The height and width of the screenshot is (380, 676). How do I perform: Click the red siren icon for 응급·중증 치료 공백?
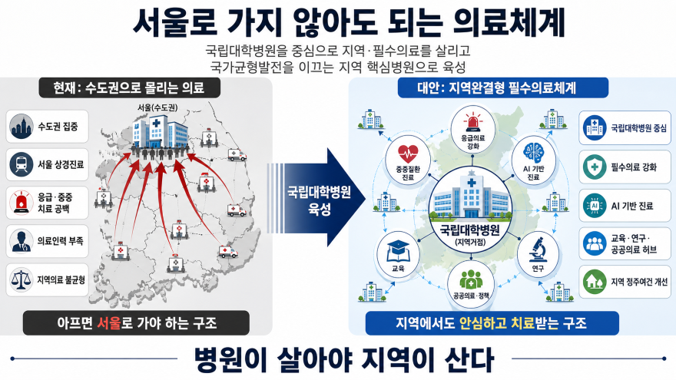pos(22,203)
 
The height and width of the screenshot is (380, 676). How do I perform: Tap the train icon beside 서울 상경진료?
pos(22,164)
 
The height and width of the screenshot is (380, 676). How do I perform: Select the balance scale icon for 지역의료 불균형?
pos(22,279)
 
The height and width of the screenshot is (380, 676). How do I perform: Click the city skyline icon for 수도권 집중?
pos(22,126)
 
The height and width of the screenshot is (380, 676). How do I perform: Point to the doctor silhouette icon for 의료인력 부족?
pos(22,241)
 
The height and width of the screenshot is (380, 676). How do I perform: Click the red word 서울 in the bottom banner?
pos(108,323)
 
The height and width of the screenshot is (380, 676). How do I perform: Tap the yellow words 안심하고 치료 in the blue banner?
pos(497,323)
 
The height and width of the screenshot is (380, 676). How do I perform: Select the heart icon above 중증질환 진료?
pos(408,153)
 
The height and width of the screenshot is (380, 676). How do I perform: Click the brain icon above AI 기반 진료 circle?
pos(534,153)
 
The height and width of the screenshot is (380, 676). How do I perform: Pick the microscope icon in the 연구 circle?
pos(538,249)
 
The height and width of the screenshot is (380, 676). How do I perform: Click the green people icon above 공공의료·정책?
pos(471,279)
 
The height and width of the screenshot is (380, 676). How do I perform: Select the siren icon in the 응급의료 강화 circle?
pos(473,123)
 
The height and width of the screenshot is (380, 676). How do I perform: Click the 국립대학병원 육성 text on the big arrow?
pos(319,201)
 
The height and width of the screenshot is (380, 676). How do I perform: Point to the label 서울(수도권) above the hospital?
pos(158,107)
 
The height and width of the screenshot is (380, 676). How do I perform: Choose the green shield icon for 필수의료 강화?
pos(595,167)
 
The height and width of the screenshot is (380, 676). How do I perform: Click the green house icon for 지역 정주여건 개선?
pos(595,281)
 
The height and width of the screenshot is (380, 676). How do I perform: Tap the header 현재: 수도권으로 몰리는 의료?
pos(128,88)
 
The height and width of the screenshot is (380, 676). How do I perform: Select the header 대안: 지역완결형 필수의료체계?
pos(497,88)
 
